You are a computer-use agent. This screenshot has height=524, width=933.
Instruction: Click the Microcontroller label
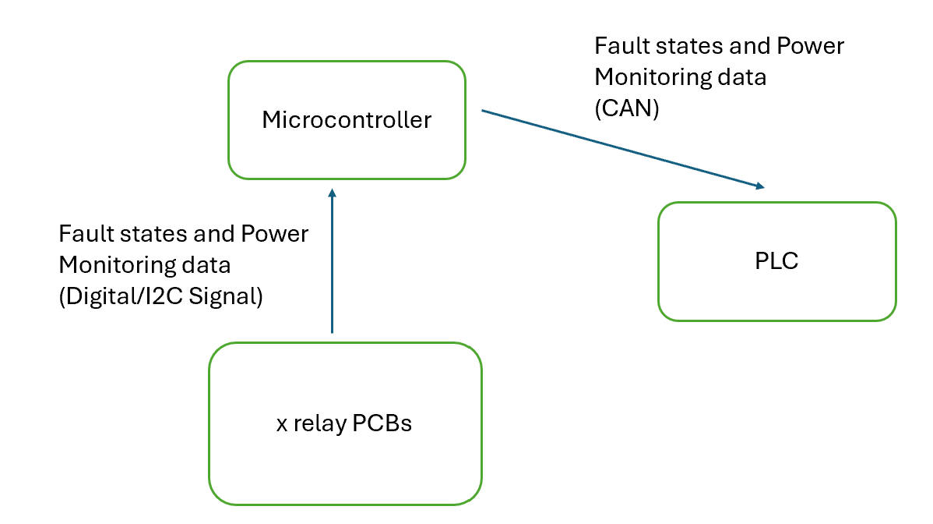pos(347,120)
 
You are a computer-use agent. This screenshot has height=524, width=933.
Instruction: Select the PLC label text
pos(776,261)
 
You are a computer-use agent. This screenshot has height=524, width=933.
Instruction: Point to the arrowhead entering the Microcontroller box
pos(332,193)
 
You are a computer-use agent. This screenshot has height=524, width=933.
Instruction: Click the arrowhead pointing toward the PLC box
pos(758,186)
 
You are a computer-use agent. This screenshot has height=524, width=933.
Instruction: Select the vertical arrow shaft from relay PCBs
pos(332,265)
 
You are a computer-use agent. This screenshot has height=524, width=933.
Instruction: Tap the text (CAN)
pos(627,109)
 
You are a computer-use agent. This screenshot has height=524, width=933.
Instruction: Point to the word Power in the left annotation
pos(275,234)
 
